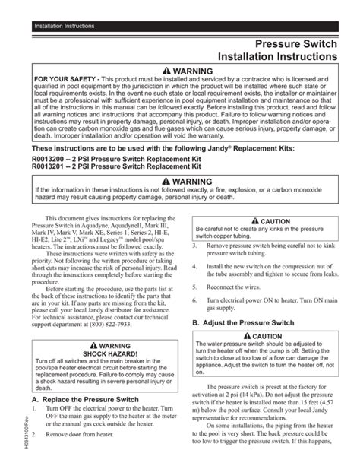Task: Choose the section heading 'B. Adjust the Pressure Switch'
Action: [242, 322]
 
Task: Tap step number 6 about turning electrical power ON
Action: [194, 302]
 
